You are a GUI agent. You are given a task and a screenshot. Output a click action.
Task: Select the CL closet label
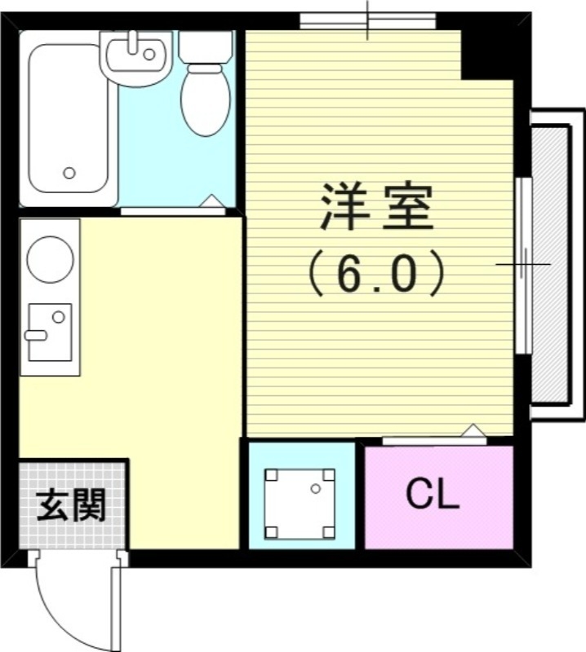click(x=433, y=495)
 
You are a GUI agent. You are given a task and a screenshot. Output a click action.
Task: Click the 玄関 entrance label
click(x=72, y=507)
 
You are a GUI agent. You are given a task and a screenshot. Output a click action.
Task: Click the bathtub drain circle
click(x=69, y=173)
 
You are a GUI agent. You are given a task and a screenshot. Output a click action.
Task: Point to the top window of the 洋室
click(x=367, y=20)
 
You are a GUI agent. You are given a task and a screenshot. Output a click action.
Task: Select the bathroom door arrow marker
click(x=210, y=200)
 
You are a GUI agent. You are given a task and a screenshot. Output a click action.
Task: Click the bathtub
click(x=69, y=118)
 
